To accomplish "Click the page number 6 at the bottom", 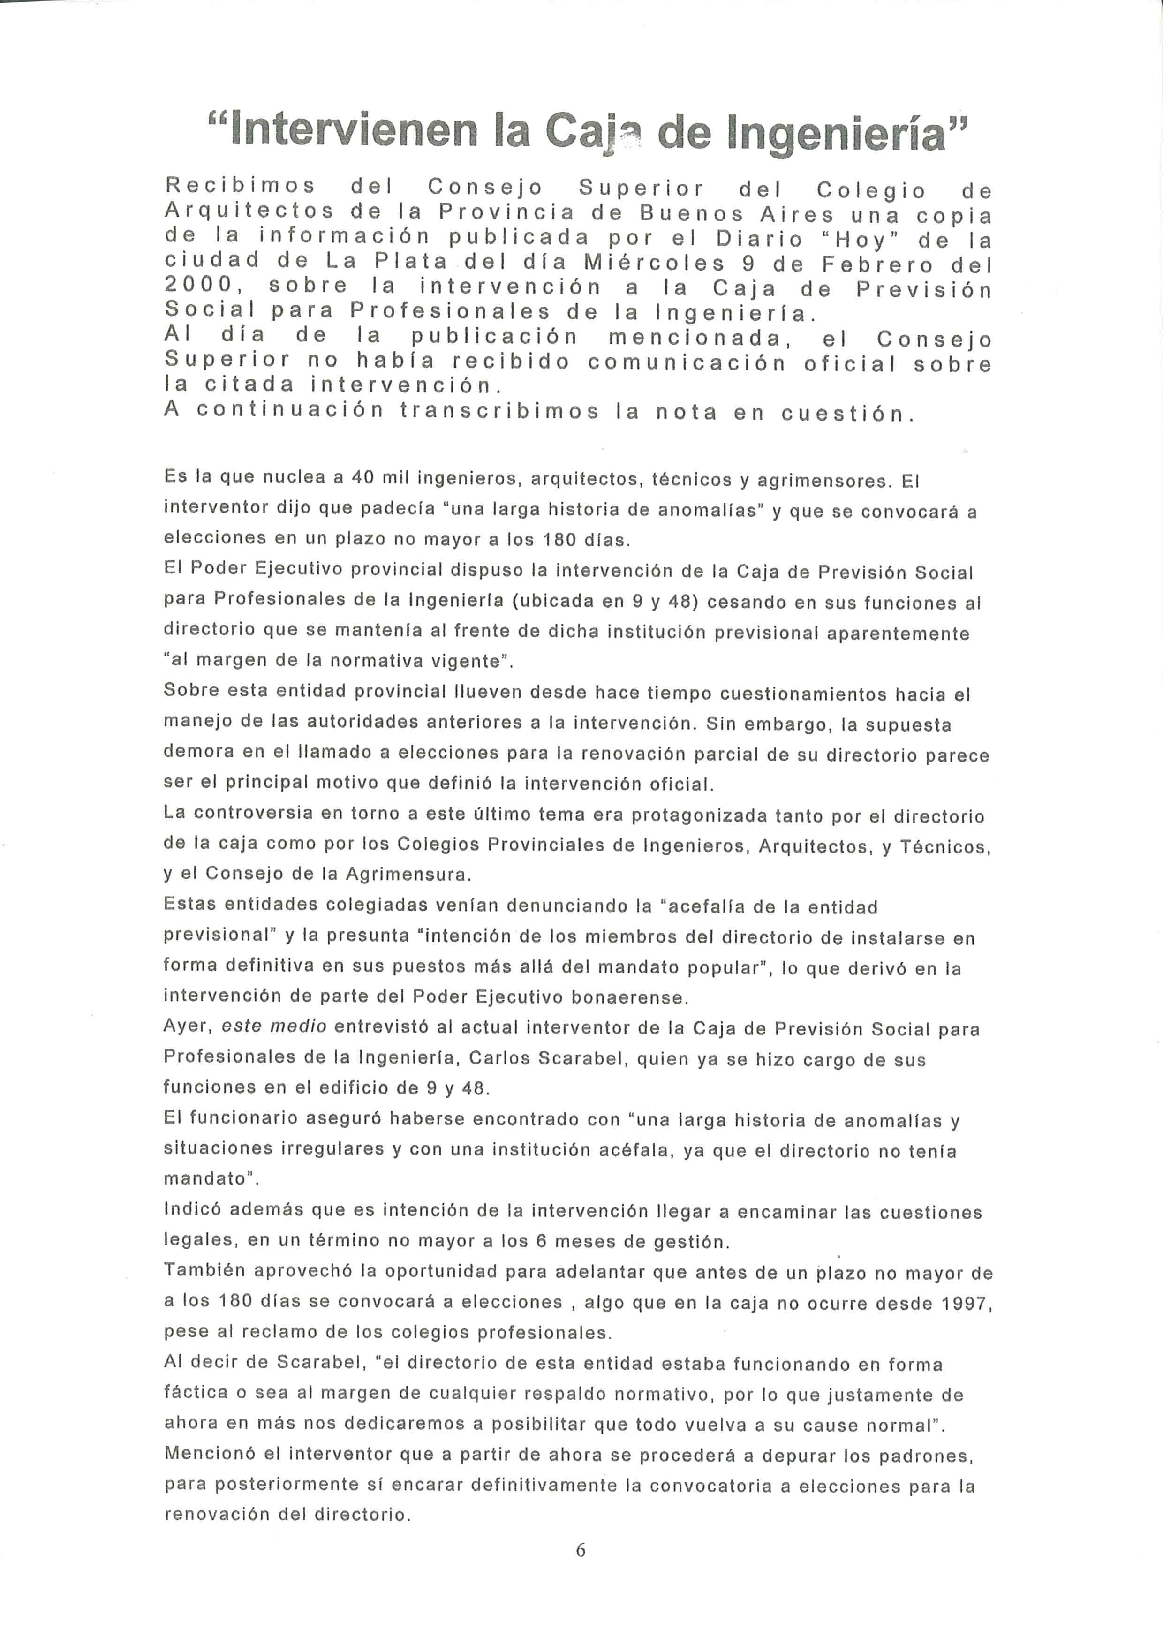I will click(581, 1550).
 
